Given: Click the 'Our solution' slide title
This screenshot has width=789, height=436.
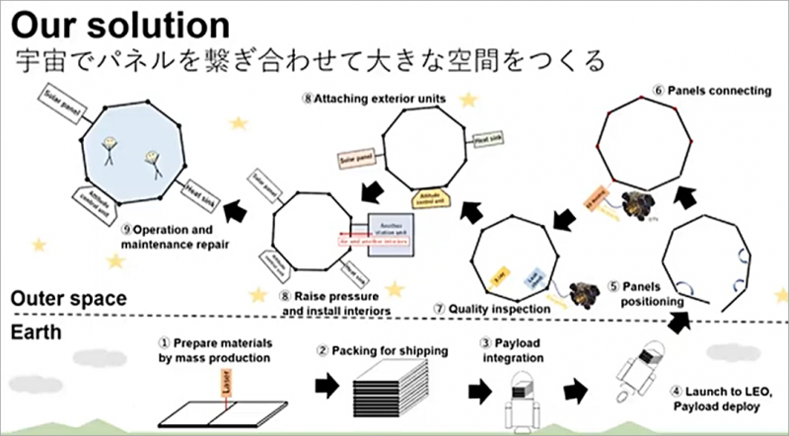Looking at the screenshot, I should pos(119,23).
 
